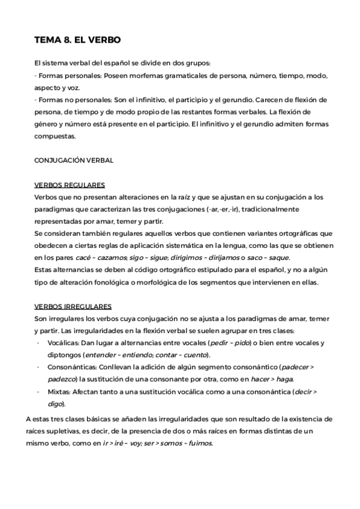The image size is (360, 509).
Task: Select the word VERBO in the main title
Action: pyautogui.click(x=104, y=40)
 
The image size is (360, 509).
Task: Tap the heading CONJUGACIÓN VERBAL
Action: pyautogui.click(x=74, y=160)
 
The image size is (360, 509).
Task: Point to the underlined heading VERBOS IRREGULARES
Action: pyautogui.click(x=73, y=306)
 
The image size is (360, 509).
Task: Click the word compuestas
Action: pyautogui.click(x=55, y=136)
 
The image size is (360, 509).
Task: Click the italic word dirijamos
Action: pyautogui.click(x=222, y=258)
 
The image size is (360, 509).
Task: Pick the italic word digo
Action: pyautogui.click(x=55, y=403)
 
